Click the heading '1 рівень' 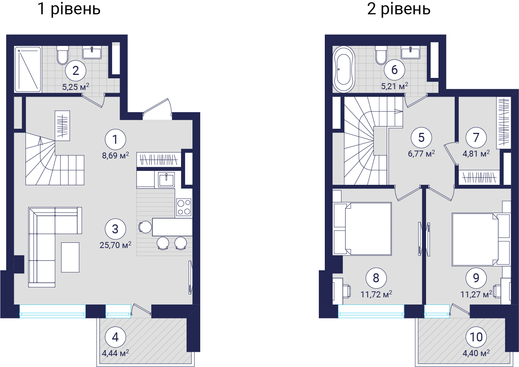pos(69,9)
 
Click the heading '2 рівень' pos(399,9)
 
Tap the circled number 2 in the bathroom pos(76,71)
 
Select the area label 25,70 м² pos(116,245)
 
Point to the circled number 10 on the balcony pos(476,337)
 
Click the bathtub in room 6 pos(343,69)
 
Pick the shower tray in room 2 pos(28,69)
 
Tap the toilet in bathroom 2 pos(63,55)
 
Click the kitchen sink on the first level pos(166,180)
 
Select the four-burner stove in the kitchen pos(184,207)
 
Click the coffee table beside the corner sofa pos(70,257)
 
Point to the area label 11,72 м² pos(376,294)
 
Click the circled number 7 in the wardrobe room pos(476,137)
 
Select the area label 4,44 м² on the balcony pos(116,353)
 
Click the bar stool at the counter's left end pos(145,226)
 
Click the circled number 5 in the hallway pos(421,138)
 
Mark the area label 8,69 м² pos(116,155)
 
